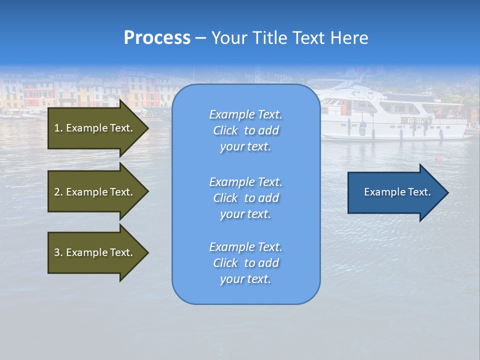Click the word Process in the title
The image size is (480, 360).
coord(157,38)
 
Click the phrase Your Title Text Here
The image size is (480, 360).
coord(289,38)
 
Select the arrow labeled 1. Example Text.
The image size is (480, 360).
coord(93,128)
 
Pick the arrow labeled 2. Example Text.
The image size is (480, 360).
coord(93,192)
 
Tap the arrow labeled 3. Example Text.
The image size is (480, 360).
coord(93,252)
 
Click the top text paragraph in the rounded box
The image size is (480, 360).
coord(245,130)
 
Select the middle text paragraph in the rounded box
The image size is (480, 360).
coord(245,198)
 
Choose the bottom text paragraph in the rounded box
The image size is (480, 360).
coord(245,263)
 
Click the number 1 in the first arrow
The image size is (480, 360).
coord(57,128)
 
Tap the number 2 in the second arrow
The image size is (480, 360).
coord(57,192)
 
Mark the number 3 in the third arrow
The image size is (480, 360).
coord(57,252)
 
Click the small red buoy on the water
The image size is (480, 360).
coord(438,159)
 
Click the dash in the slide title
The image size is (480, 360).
coord(200,38)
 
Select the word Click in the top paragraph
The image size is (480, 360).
coord(225,130)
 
